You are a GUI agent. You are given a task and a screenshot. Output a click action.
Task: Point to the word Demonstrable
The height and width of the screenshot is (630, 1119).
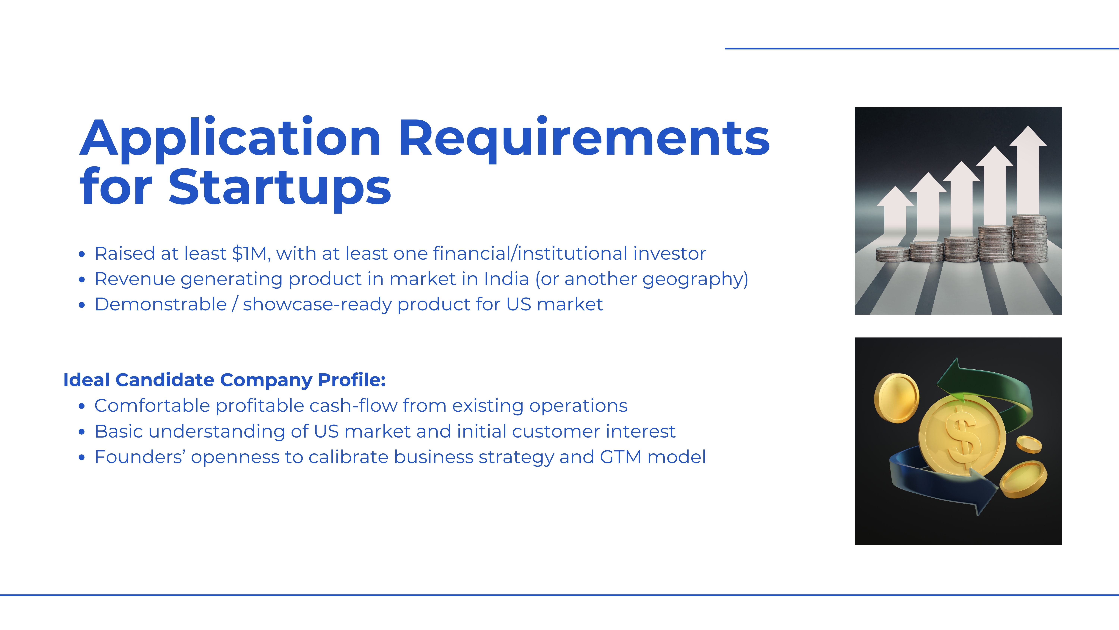coord(161,304)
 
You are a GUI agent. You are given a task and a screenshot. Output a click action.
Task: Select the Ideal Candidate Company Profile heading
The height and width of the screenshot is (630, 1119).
coord(225,380)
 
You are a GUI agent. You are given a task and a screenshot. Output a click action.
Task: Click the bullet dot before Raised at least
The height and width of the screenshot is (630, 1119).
coord(82,254)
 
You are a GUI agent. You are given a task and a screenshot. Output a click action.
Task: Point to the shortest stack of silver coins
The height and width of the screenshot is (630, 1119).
coord(892,254)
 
